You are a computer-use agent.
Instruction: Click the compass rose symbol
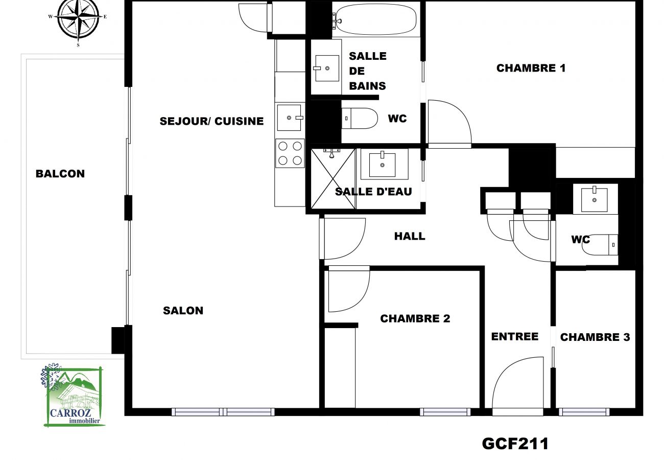(x=78, y=19)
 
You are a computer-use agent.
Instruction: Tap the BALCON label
(x=60, y=174)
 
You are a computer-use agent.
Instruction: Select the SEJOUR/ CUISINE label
(x=211, y=121)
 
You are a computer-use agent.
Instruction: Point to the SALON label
(x=183, y=311)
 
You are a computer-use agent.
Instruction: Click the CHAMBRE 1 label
(x=531, y=68)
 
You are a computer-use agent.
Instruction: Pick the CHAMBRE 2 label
(x=415, y=319)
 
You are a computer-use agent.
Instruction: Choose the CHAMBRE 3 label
(x=595, y=337)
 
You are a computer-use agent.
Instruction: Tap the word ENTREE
(x=514, y=337)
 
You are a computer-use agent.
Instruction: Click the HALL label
(x=410, y=236)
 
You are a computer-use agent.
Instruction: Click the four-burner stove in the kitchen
(x=290, y=153)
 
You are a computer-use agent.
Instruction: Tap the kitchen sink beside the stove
(x=290, y=118)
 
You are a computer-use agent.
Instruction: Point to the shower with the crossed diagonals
(x=333, y=178)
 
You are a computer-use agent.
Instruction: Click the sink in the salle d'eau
(x=382, y=164)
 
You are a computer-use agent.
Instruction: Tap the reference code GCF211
(x=515, y=443)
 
